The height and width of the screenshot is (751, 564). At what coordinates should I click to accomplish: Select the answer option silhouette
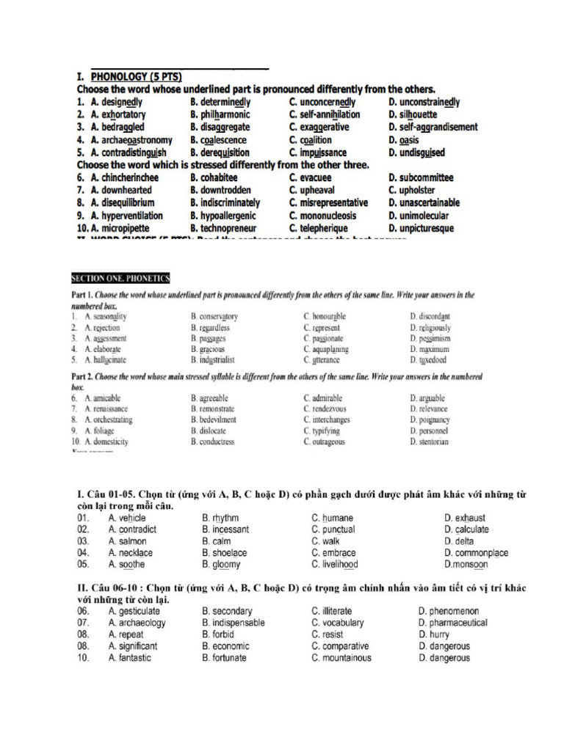pos(416,114)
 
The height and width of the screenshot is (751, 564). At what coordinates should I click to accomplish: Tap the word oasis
pos(412,140)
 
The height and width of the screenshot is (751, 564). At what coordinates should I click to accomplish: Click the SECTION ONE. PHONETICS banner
pos(120,278)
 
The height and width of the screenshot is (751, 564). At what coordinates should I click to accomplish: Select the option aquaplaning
pos(330,349)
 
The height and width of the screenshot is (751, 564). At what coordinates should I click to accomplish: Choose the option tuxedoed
pos(431,360)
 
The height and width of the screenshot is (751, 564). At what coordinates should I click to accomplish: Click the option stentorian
pos(433,442)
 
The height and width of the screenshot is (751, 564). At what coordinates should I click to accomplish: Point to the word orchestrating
pos(108,420)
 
